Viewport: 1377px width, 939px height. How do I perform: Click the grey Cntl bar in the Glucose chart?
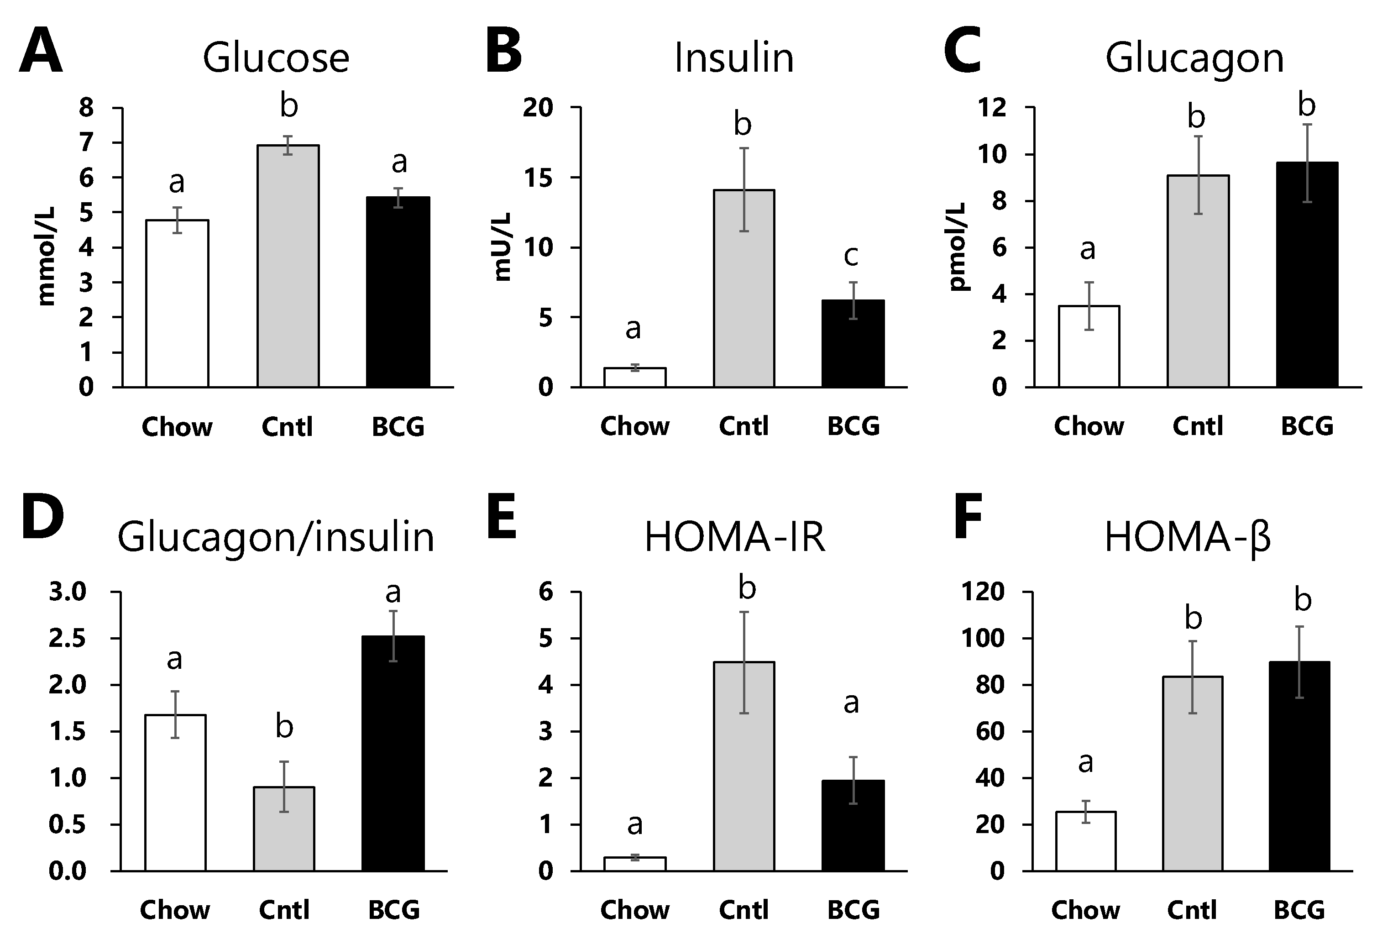(288, 267)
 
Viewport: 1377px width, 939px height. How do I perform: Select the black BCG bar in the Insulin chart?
(853, 344)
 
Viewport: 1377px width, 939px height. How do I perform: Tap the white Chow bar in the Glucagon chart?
(1089, 346)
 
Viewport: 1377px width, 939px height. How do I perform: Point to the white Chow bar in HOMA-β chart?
(1085, 841)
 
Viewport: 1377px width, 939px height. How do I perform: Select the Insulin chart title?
(734, 58)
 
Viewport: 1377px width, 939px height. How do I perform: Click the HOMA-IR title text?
(735, 537)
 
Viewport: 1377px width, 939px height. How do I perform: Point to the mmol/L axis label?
(46, 256)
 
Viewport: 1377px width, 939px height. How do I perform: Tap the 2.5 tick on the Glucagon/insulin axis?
(68, 639)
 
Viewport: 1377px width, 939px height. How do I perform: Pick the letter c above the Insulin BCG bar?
(851, 256)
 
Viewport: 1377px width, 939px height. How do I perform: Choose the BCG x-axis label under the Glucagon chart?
(1307, 426)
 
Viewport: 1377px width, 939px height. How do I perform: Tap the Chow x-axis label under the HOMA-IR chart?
(634, 910)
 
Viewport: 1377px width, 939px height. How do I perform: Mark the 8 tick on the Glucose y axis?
(87, 108)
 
